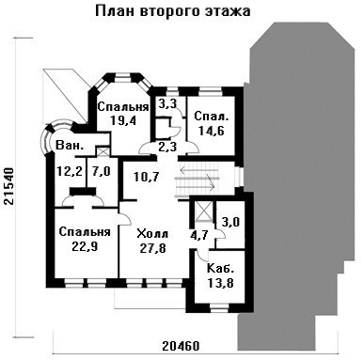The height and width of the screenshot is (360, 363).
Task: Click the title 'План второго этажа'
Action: tap(172, 11)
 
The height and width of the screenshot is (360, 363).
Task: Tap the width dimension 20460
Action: tap(181, 346)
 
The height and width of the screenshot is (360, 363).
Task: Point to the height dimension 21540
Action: tap(9, 186)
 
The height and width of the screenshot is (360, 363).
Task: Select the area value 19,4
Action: tap(123, 120)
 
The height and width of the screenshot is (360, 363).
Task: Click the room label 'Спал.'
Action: tap(212, 117)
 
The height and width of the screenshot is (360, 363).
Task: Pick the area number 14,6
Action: tap(212, 131)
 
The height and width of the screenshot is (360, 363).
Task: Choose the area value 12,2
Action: tap(70, 171)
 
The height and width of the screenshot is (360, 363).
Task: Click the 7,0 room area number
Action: tap(102, 171)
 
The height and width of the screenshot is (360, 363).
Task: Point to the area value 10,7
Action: tap(147, 177)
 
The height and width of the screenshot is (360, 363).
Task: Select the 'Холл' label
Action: tap(153, 234)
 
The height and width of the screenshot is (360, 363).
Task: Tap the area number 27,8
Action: tap(153, 248)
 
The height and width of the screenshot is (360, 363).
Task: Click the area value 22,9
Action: tap(85, 246)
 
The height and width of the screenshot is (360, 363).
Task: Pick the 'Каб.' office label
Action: tap(220, 269)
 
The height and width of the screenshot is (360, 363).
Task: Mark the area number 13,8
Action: tap(220, 283)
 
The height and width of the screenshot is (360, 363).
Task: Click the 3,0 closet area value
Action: tap(230, 222)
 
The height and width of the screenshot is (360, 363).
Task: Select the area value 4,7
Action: tap(200, 235)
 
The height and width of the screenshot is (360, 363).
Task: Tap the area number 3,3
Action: tap(167, 103)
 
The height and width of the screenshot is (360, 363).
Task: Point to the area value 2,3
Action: tap(167, 147)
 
